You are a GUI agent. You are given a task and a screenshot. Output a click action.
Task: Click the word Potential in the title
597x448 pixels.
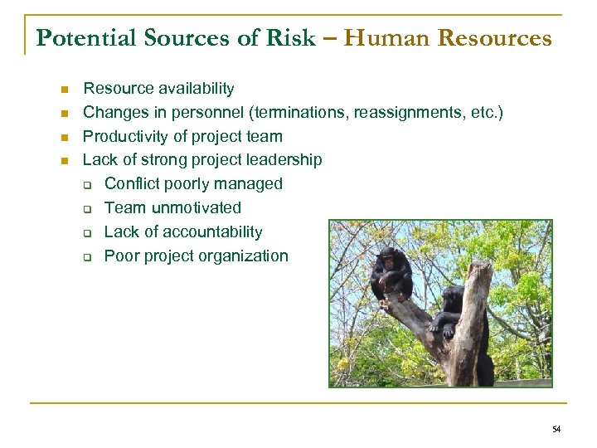point(77,38)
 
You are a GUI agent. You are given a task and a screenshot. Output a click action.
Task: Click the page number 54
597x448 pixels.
point(556,429)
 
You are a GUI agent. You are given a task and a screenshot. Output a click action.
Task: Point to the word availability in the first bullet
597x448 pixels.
point(193,88)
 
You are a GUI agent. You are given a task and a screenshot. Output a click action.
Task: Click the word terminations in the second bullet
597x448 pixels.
point(304,112)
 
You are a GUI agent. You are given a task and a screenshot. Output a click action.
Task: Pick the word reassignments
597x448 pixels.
point(404,112)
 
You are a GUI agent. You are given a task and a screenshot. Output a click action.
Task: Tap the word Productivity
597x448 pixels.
point(124,136)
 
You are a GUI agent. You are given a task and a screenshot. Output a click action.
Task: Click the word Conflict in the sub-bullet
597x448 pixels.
point(132,183)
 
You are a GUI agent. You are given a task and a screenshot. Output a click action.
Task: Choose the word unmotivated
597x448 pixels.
point(197,207)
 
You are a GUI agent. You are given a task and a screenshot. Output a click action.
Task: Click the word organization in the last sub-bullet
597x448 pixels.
point(242,256)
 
